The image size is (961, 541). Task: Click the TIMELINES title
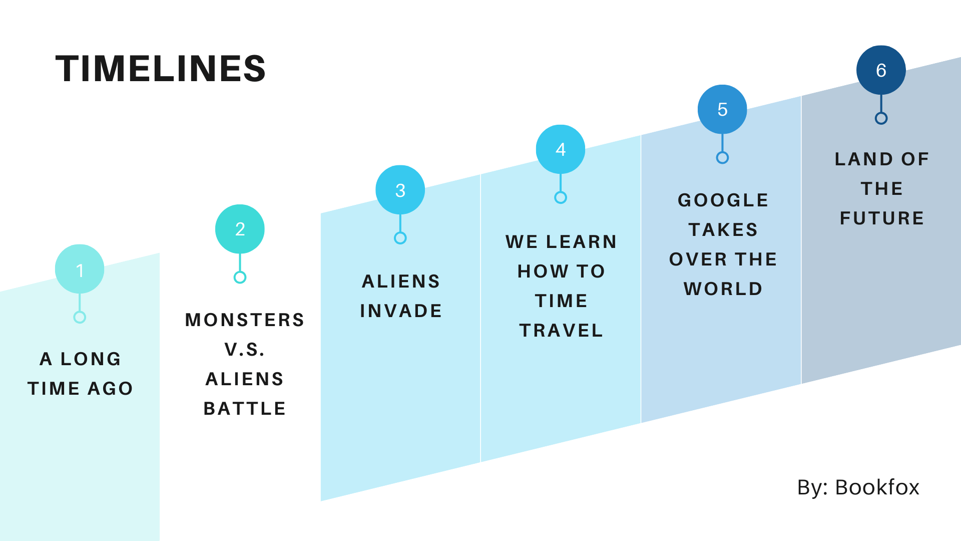(160, 69)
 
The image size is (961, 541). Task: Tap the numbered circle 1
(80, 269)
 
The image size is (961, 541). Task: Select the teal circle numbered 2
(240, 229)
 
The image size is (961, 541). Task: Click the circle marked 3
(400, 190)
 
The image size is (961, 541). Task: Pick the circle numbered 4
(561, 149)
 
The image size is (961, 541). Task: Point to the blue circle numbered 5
(722, 109)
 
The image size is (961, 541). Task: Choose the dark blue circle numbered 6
(881, 70)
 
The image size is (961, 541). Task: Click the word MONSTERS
(245, 320)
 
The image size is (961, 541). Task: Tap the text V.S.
(245, 349)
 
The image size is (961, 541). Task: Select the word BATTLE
(245, 408)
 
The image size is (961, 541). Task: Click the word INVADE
(401, 311)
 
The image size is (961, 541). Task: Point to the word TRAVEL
(561, 330)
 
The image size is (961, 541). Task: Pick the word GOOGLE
(723, 200)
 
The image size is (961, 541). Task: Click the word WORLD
(723, 289)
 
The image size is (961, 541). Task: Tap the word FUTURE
(882, 218)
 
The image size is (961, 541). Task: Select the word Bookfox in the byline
(877, 487)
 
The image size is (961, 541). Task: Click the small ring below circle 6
(881, 118)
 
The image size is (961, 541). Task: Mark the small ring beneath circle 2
(240, 277)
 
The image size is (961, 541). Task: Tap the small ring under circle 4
(561, 197)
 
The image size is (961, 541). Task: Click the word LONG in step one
(91, 359)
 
